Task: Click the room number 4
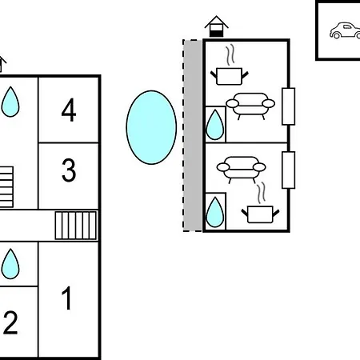point(69,110)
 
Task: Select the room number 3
point(69,170)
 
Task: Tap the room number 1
point(66,298)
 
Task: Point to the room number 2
point(10,322)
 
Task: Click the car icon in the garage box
point(345,30)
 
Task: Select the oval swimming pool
point(151,127)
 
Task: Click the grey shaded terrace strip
point(193,135)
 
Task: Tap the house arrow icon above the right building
point(216,26)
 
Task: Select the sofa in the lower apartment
point(241,170)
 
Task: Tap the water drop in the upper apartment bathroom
point(214,125)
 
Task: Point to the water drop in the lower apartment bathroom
point(214,212)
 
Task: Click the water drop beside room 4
point(10,102)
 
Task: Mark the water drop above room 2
point(10,264)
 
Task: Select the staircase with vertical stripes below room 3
point(76,226)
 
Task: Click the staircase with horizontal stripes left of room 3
point(6,186)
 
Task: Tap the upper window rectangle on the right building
point(289,106)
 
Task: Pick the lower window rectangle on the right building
point(289,170)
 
